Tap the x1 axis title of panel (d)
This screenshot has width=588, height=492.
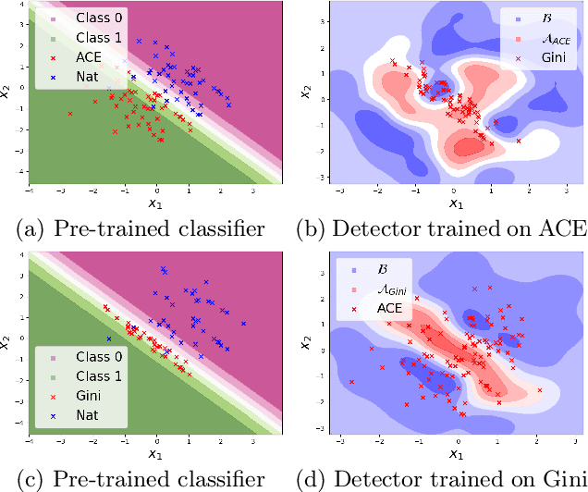click(455, 454)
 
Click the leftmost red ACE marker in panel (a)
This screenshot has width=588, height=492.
click(69, 113)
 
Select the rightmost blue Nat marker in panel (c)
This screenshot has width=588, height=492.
click(244, 323)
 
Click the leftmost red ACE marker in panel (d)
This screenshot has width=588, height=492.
click(352, 381)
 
